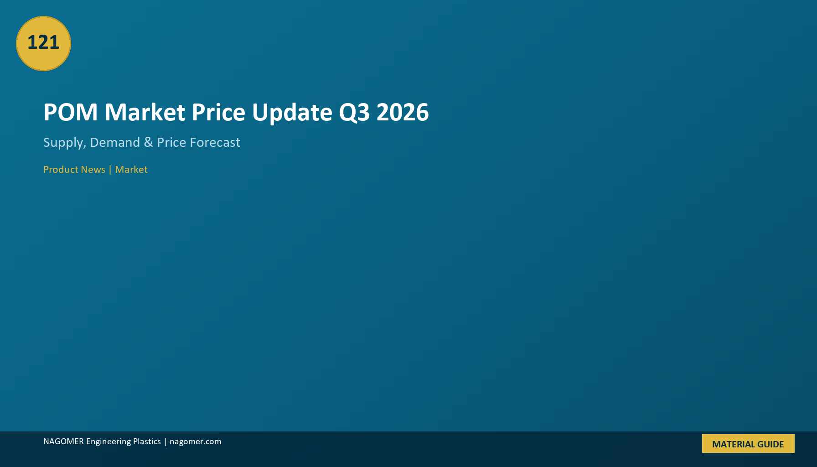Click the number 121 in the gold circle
pos(43,42)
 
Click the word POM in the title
pos(71,112)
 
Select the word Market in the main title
pos(145,112)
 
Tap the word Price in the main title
pos(218,112)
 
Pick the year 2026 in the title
pos(403,112)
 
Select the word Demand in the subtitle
pos(115,142)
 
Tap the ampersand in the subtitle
pos(149,142)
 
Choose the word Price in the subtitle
pos(171,142)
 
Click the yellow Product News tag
pos(74,170)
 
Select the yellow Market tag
pos(131,170)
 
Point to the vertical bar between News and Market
pos(110,170)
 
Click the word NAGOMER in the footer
pos(63,441)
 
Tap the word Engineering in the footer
pos(109,442)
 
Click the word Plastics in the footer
pos(147,441)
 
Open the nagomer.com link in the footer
pos(196,442)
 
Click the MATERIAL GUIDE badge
pos(748,444)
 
